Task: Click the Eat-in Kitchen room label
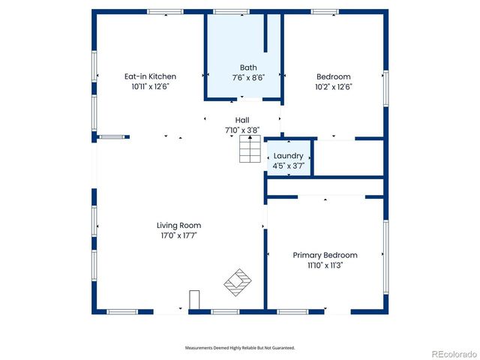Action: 150,76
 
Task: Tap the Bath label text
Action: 248,67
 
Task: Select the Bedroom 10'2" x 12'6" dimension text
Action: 334,86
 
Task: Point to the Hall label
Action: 242,120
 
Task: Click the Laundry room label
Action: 288,156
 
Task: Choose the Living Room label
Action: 178,225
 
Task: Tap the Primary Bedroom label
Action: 325,255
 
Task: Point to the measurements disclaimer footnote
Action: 240,348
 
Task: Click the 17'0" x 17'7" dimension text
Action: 178,235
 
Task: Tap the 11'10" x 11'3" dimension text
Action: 325,265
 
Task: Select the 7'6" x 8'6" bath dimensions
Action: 247,77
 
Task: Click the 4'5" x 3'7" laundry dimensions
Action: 288,166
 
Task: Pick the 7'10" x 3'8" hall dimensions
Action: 242,130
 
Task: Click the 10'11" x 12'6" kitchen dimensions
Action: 150,86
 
